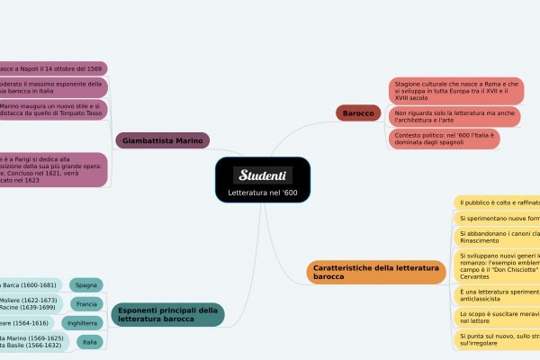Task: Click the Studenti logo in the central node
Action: [263, 174]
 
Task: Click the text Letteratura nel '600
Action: [263, 193]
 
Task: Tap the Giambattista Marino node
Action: [162, 140]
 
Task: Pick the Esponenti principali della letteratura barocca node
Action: [168, 314]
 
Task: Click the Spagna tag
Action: [86, 284]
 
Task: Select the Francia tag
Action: [86, 303]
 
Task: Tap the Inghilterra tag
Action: [82, 322]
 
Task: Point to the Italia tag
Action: [89, 342]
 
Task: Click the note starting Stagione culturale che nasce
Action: [455, 89]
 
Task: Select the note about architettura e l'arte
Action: [454, 116]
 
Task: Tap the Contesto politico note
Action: [443, 139]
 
